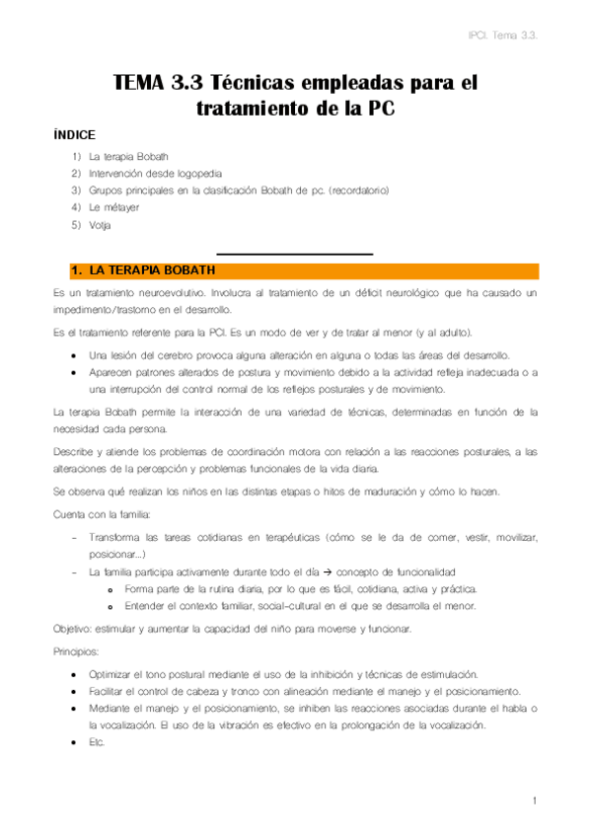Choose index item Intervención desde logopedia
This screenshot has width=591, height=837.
coord(148,173)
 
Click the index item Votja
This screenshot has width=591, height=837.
coord(100,225)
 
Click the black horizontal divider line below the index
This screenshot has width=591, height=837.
coord(294,254)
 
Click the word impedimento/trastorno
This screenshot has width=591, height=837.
coord(103,309)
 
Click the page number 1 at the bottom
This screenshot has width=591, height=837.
coord(533,800)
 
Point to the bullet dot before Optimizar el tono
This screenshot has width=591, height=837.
coord(76,673)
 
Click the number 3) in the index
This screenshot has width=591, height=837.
coord(76,190)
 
